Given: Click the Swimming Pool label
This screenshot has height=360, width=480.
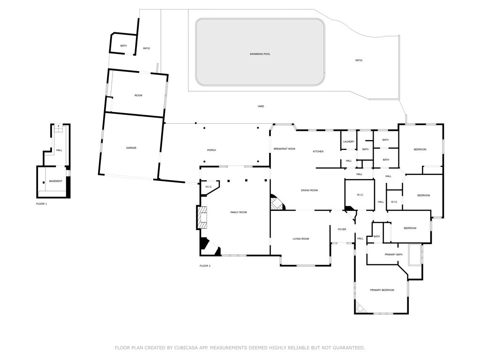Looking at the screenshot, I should [260, 54].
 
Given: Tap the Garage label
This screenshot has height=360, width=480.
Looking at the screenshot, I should [131, 148].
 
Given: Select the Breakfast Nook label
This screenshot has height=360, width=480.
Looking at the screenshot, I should [285, 149].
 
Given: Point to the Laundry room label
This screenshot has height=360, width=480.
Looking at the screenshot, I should [348, 142].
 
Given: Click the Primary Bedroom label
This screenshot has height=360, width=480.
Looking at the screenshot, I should [382, 290].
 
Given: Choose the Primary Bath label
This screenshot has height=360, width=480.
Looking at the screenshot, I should [393, 255].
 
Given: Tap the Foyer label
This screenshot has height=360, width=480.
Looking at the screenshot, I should [342, 229].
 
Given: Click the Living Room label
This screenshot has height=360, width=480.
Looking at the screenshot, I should [301, 239].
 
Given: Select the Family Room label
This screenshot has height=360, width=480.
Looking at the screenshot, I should [238, 212].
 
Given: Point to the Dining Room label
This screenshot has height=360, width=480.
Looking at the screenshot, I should [309, 190].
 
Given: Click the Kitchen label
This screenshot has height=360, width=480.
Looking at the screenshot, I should [318, 151].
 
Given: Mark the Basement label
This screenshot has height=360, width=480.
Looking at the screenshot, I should [55, 181].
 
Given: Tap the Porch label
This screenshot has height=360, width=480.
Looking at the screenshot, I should [211, 150].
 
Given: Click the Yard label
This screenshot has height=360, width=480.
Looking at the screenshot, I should [261, 106].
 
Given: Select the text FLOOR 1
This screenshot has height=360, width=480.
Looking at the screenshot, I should [42, 204].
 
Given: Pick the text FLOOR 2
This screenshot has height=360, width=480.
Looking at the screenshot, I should [205, 266].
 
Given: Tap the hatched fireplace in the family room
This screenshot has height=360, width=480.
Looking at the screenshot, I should [202, 218].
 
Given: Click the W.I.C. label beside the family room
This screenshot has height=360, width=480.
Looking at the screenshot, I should [209, 187].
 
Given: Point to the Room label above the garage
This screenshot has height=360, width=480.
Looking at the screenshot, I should [138, 96].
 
